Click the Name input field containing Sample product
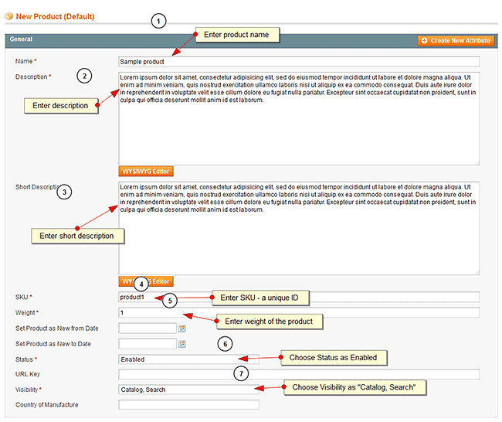(x=299, y=62)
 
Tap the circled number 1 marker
(x=158, y=22)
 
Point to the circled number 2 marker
(x=84, y=76)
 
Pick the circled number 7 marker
(x=241, y=373)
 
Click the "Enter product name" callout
(x=236, y=35)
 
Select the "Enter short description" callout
(x=76, y=236)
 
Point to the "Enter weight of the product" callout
(x=269, y=321)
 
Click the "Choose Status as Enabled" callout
(x=334, y=358)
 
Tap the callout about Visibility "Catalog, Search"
(x=355, y=387)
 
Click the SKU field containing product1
(x=299, y=298)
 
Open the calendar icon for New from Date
(x=183, y=328)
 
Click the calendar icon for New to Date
(x=183, y=344)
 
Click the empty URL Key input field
(x=299, y=374)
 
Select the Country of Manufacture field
(x=189, y=404)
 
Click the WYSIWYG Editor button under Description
(x=146, y=171)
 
